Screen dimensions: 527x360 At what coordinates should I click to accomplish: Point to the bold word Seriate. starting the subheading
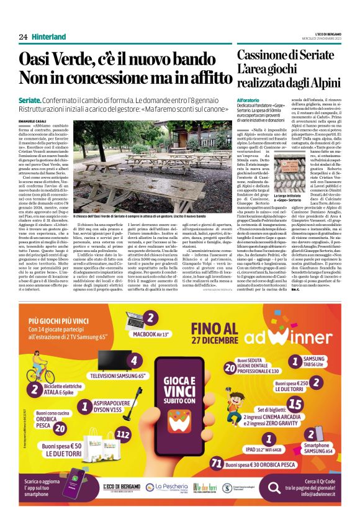pos(30,99)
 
